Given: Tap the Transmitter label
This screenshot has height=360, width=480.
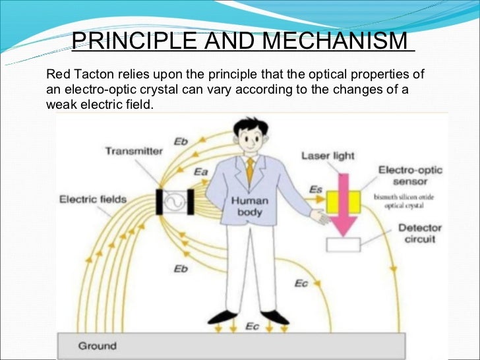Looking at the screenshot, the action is [133, 151].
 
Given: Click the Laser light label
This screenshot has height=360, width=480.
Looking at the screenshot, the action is [328, 156].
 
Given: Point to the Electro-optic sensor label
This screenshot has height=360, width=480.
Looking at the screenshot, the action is [410, 176].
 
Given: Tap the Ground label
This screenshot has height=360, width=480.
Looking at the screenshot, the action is [97, 345].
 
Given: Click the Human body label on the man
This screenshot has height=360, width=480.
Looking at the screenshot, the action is [247, 206].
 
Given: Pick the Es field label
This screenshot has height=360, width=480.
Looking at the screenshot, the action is [316, 190].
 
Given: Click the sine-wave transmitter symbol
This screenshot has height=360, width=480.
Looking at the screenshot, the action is [173, 200].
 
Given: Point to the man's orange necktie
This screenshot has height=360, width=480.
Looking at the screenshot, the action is [250, 172].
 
